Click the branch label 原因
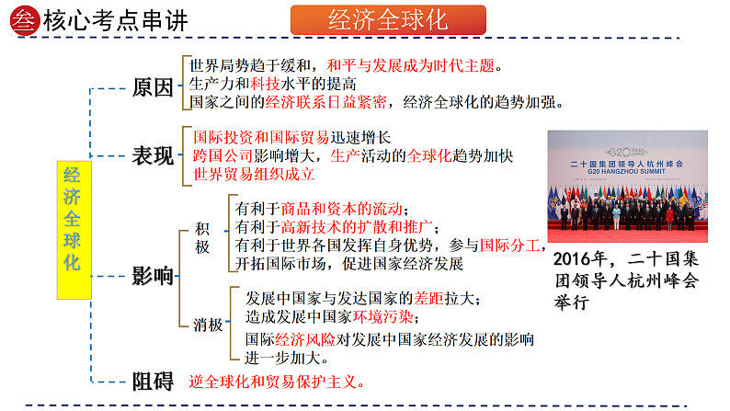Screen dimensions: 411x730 pyautogui.click(x=153, y=88)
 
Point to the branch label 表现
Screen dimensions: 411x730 pyautogui.click(x=153, y=155)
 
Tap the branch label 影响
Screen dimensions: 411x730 pyautogui.click(x=153, y=274)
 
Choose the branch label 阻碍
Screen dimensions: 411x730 pyautogui.click(x=153, y=381)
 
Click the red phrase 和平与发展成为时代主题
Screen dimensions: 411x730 pyautogui.click(x=411, y=66)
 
